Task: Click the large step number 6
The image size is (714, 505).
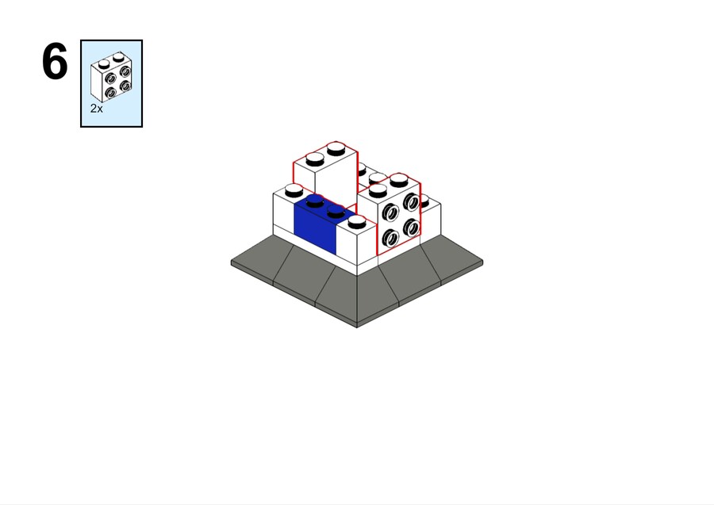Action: click(55, 61)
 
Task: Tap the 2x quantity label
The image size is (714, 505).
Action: click(97, 109)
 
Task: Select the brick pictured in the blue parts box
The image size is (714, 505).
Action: click(112, 77)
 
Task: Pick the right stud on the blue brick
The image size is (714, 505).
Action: click(336, 211)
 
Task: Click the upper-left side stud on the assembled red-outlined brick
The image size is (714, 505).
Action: click(390, 212)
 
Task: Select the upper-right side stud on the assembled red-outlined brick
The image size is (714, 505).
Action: click(411, 201)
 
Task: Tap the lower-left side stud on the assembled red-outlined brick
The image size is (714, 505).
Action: click(390, 238)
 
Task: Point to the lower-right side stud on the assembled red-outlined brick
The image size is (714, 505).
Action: click(411, 227)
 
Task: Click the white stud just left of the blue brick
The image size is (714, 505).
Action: click(294, 190)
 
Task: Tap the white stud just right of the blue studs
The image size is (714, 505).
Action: click(356, 221)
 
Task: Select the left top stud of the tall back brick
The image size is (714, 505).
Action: click(315, 159)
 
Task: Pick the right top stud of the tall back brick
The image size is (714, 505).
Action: click(336, 148)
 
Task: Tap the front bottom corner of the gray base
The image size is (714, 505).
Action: click(357, 327)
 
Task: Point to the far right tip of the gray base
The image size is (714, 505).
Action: click(482, 262)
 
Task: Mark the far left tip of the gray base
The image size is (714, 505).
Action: click(232, 262)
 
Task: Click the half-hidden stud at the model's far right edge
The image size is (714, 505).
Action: click(424, 201)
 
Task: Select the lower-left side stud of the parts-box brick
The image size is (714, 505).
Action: click(110, 94)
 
